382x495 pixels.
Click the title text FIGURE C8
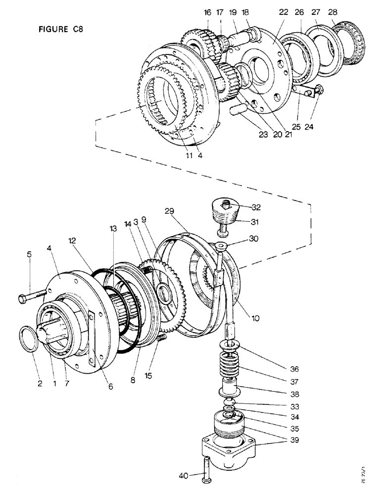pos(60,29)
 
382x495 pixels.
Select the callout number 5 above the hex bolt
pos(29,255)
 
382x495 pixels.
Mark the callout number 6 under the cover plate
pos(110,387)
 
